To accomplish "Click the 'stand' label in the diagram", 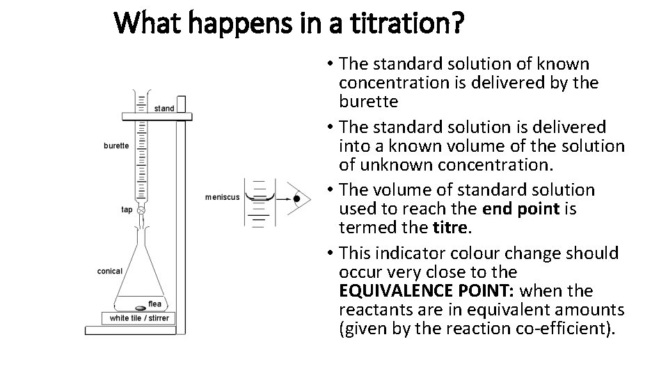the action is coord(164,109).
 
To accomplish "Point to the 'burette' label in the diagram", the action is coord(116,146).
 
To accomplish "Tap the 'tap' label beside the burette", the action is coord(127,210).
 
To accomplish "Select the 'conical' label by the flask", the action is coord(110,272).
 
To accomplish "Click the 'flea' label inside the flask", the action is coord(154,304).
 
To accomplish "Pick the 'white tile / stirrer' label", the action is coord(139,318).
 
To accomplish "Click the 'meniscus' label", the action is coord(222,197).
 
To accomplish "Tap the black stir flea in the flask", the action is coord(139,306).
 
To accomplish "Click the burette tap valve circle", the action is coord(141,210).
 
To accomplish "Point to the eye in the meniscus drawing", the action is coord(297,198).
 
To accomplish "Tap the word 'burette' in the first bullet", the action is coord(369,102).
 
